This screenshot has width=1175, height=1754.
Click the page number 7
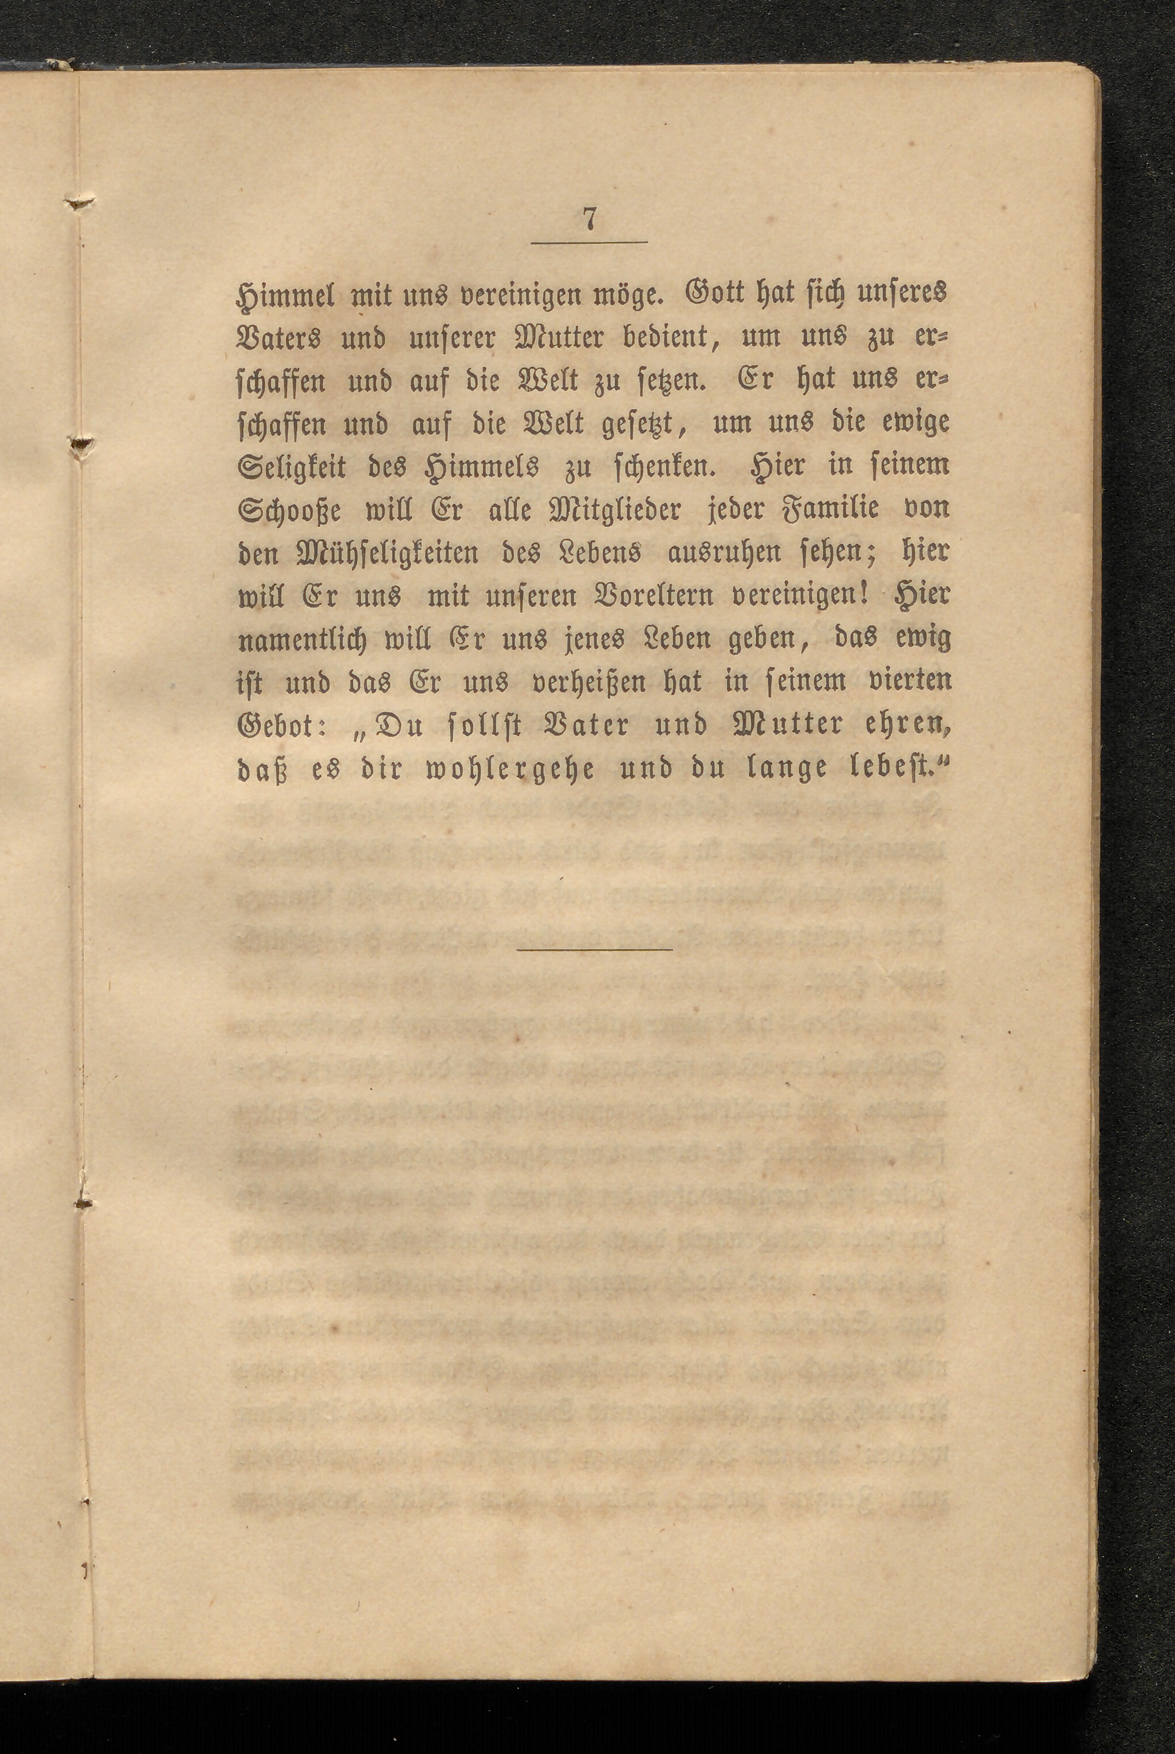tap(589, 219)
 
